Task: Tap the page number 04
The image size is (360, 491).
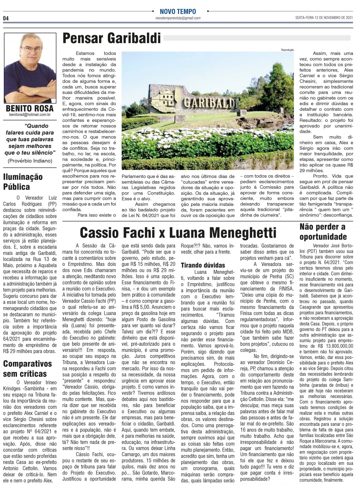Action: (x=6, y=18)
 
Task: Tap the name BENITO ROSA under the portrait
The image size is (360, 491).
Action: (x=30, y=109)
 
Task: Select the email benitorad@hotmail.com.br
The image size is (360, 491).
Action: (x=30, y=115)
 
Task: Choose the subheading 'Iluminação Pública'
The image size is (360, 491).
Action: (x=23, y=182)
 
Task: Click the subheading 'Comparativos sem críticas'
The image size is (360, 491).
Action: (x=28, y=369)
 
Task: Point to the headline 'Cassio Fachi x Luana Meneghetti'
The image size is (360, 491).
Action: (x=178, y=233)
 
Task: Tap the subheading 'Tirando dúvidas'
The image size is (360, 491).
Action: (x=202, y=265)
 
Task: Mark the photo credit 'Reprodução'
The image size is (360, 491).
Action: (x=287, y=50)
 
